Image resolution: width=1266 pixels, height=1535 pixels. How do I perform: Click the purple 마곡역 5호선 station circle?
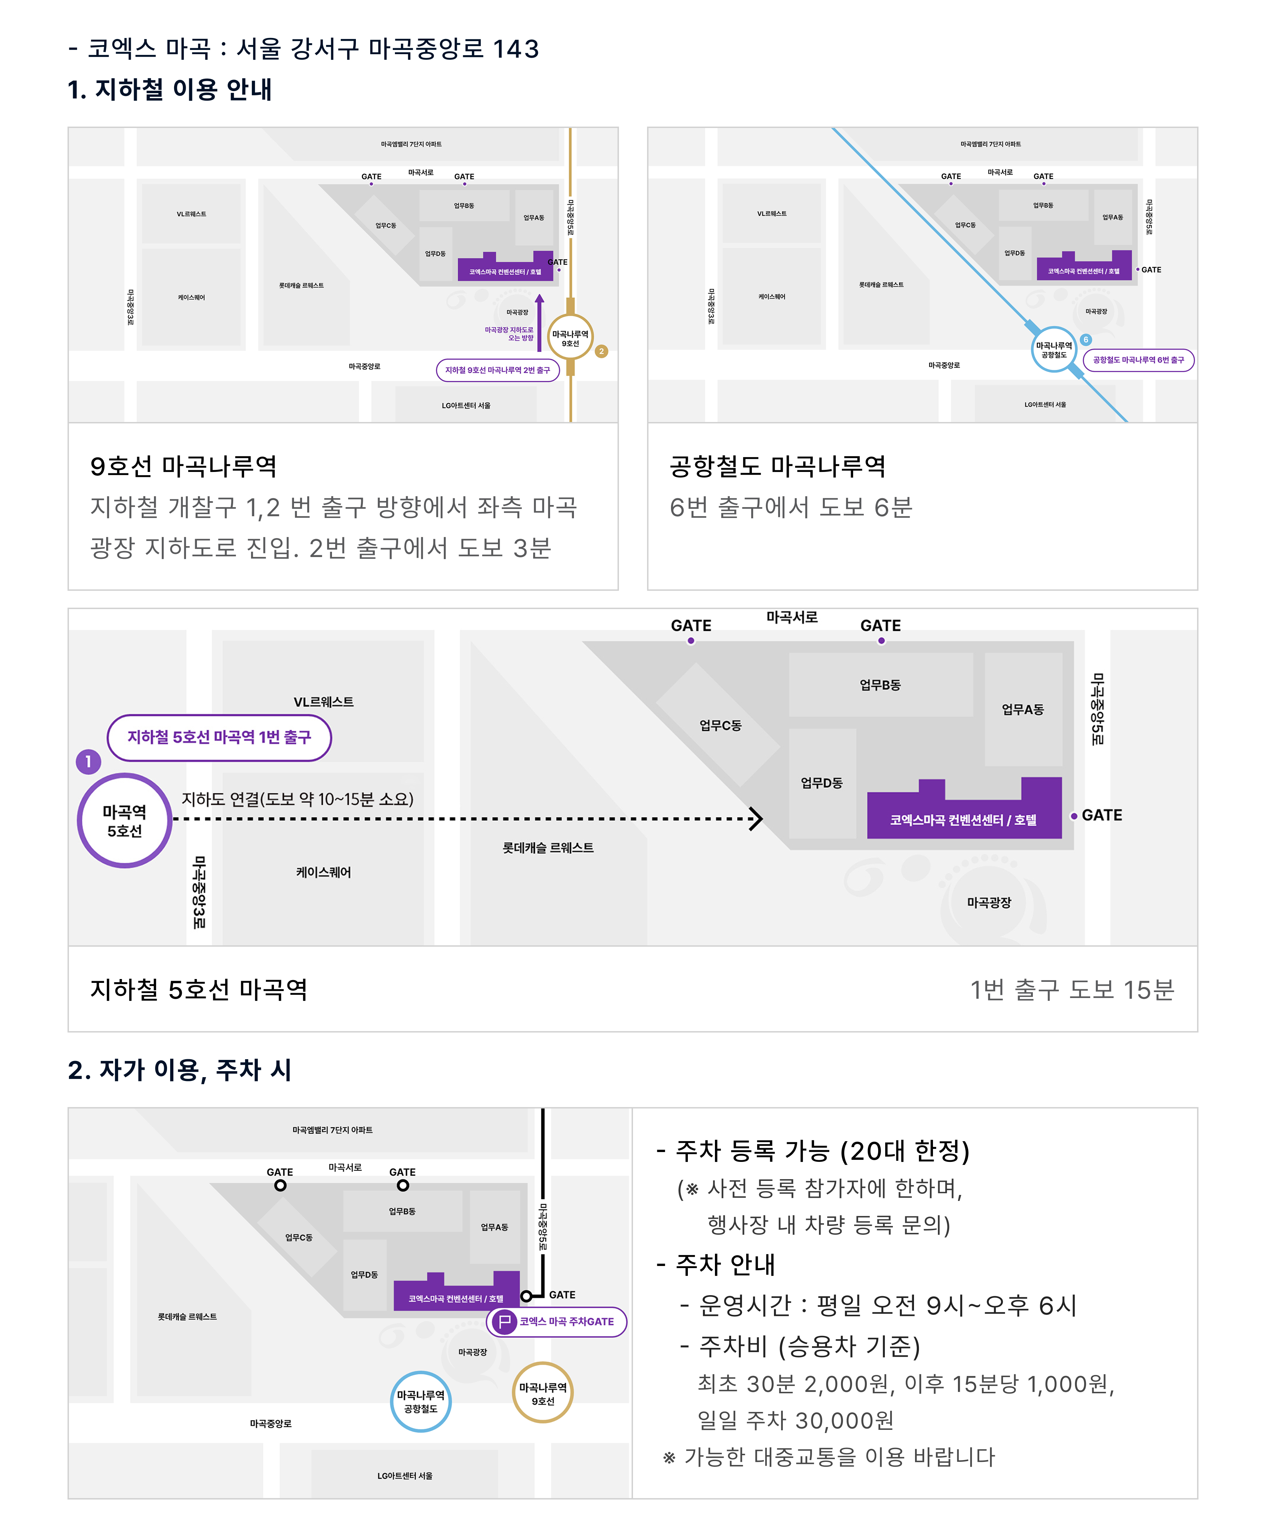point(125,820)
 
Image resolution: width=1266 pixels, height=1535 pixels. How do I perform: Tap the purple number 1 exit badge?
point(88,761)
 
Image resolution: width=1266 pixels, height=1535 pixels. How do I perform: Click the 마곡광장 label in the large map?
point(989,902)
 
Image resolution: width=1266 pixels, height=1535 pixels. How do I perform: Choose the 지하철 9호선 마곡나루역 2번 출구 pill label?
point(497,370)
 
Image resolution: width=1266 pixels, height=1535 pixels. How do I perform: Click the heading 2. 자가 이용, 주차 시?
point(179,1070)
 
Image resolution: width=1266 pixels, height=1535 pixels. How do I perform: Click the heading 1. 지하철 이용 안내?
point(169,89)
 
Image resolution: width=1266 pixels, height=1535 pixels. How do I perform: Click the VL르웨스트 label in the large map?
point(323,702)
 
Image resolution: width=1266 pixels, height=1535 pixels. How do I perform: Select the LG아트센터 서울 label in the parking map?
point(405,1475)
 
